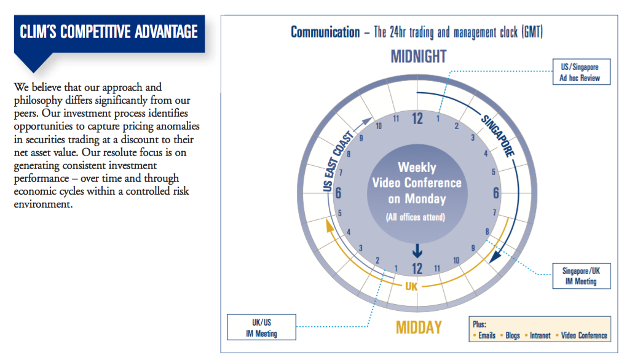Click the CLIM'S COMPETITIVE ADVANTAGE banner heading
click(x=109, y=32)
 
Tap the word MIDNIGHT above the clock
click(x=418, y=57)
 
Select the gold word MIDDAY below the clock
click(x=419, y=327)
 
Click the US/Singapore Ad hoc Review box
click(x=582, y=72)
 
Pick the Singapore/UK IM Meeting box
click(x=582, y=276)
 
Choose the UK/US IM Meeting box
click(x=261, y=327)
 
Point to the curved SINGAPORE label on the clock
click(x=498, y=136)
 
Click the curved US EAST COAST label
click(x=338, y=160)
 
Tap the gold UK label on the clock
click(x=411, y=286)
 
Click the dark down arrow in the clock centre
click(x=417, y=251)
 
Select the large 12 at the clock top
click(x=417, y=119)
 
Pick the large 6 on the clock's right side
click(x=496, y=193)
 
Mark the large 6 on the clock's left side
click(x=338, y=193)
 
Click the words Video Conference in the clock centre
click(x=417, y=182)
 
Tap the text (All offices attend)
click(x=416, y=217)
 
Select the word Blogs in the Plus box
click(x=512, y=335)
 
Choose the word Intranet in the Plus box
click(x=540, y=335)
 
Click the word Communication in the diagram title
click(x=325, y=32)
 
